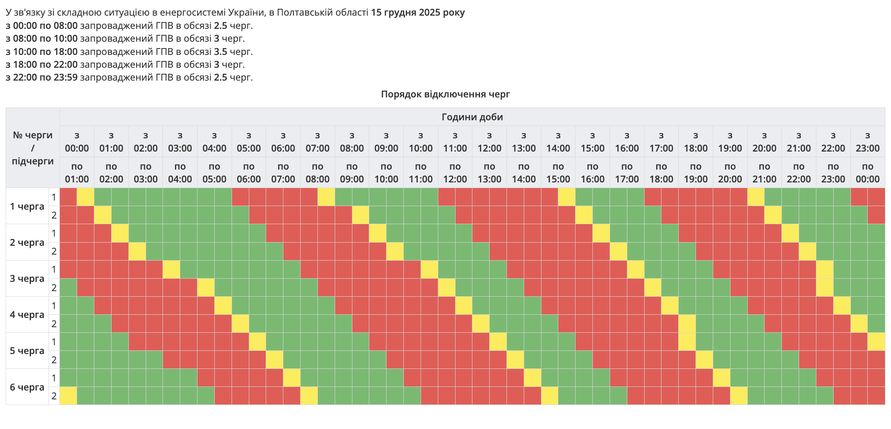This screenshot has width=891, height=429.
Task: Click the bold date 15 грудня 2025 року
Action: point(417,12)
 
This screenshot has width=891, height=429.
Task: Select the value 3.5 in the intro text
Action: point(220,52)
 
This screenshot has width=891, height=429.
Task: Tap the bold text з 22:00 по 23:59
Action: point(42,77)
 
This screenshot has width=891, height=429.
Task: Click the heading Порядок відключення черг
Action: point(445,94)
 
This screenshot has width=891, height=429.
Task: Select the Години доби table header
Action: point(472,117)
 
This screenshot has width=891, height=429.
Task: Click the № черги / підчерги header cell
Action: point(33,148)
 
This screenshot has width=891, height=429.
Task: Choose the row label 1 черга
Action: point(27,206)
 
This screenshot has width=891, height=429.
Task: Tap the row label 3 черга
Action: point(27,279)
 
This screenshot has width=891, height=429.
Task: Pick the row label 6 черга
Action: point(27,387)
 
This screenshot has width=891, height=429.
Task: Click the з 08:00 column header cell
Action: point(352,142)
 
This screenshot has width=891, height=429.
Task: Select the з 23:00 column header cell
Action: point(867,142)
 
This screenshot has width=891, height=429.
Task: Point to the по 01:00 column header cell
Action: point(77,173)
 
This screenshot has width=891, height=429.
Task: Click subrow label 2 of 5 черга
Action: point(54,360)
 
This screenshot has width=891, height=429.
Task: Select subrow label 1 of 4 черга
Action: point(54,306)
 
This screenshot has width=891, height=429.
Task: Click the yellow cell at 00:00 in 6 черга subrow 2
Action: point(68,396)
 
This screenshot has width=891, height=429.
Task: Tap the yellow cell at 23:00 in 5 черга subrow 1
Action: point(876,342)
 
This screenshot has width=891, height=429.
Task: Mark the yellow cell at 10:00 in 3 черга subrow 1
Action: point(429,269)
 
